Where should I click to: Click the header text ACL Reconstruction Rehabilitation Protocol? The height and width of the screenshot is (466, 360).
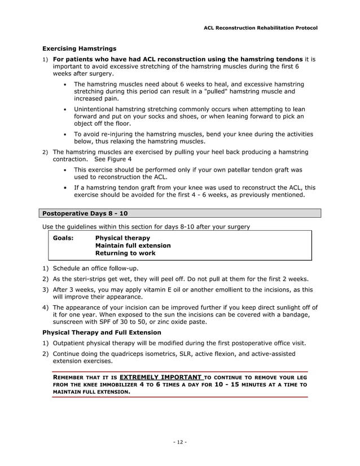(x=260, y=28)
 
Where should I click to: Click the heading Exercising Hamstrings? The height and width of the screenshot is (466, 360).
(x=80, y=49)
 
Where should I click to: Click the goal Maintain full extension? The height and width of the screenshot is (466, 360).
(x=133, y=246)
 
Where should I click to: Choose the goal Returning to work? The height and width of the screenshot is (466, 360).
(x=126, y=253)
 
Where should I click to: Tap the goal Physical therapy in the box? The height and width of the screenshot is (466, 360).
(x=123, y=238)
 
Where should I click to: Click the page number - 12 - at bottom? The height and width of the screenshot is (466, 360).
(x=179, y=442)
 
